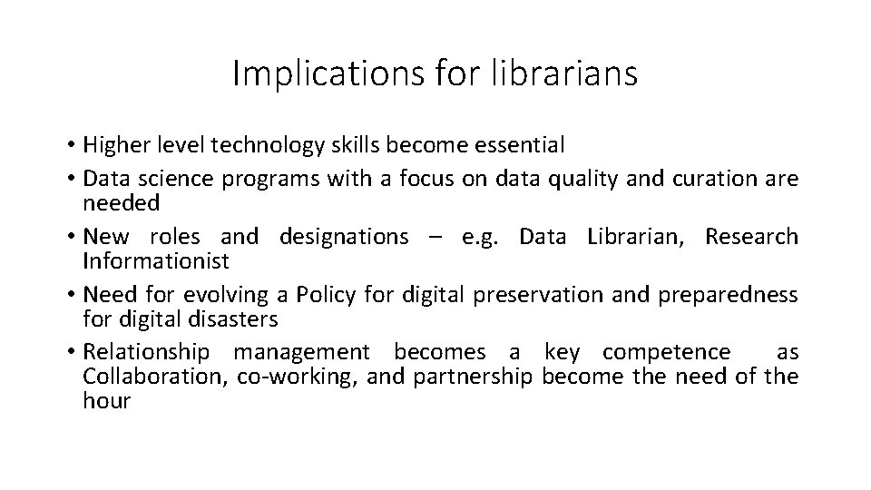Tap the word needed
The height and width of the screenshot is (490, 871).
click(x=120, y=201)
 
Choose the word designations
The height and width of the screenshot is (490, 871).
click(x=344, y=238)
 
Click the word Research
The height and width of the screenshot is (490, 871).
click(x=751, y=238)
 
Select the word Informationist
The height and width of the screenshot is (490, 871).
click(x=156, y=261)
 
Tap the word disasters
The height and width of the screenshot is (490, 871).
click(x=233, y=318)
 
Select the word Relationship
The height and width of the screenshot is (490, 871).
click(x=146, y=352)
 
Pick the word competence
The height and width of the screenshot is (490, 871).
click(x=666, y=352)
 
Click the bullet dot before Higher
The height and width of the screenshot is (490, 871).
click(x=70, y=145)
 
